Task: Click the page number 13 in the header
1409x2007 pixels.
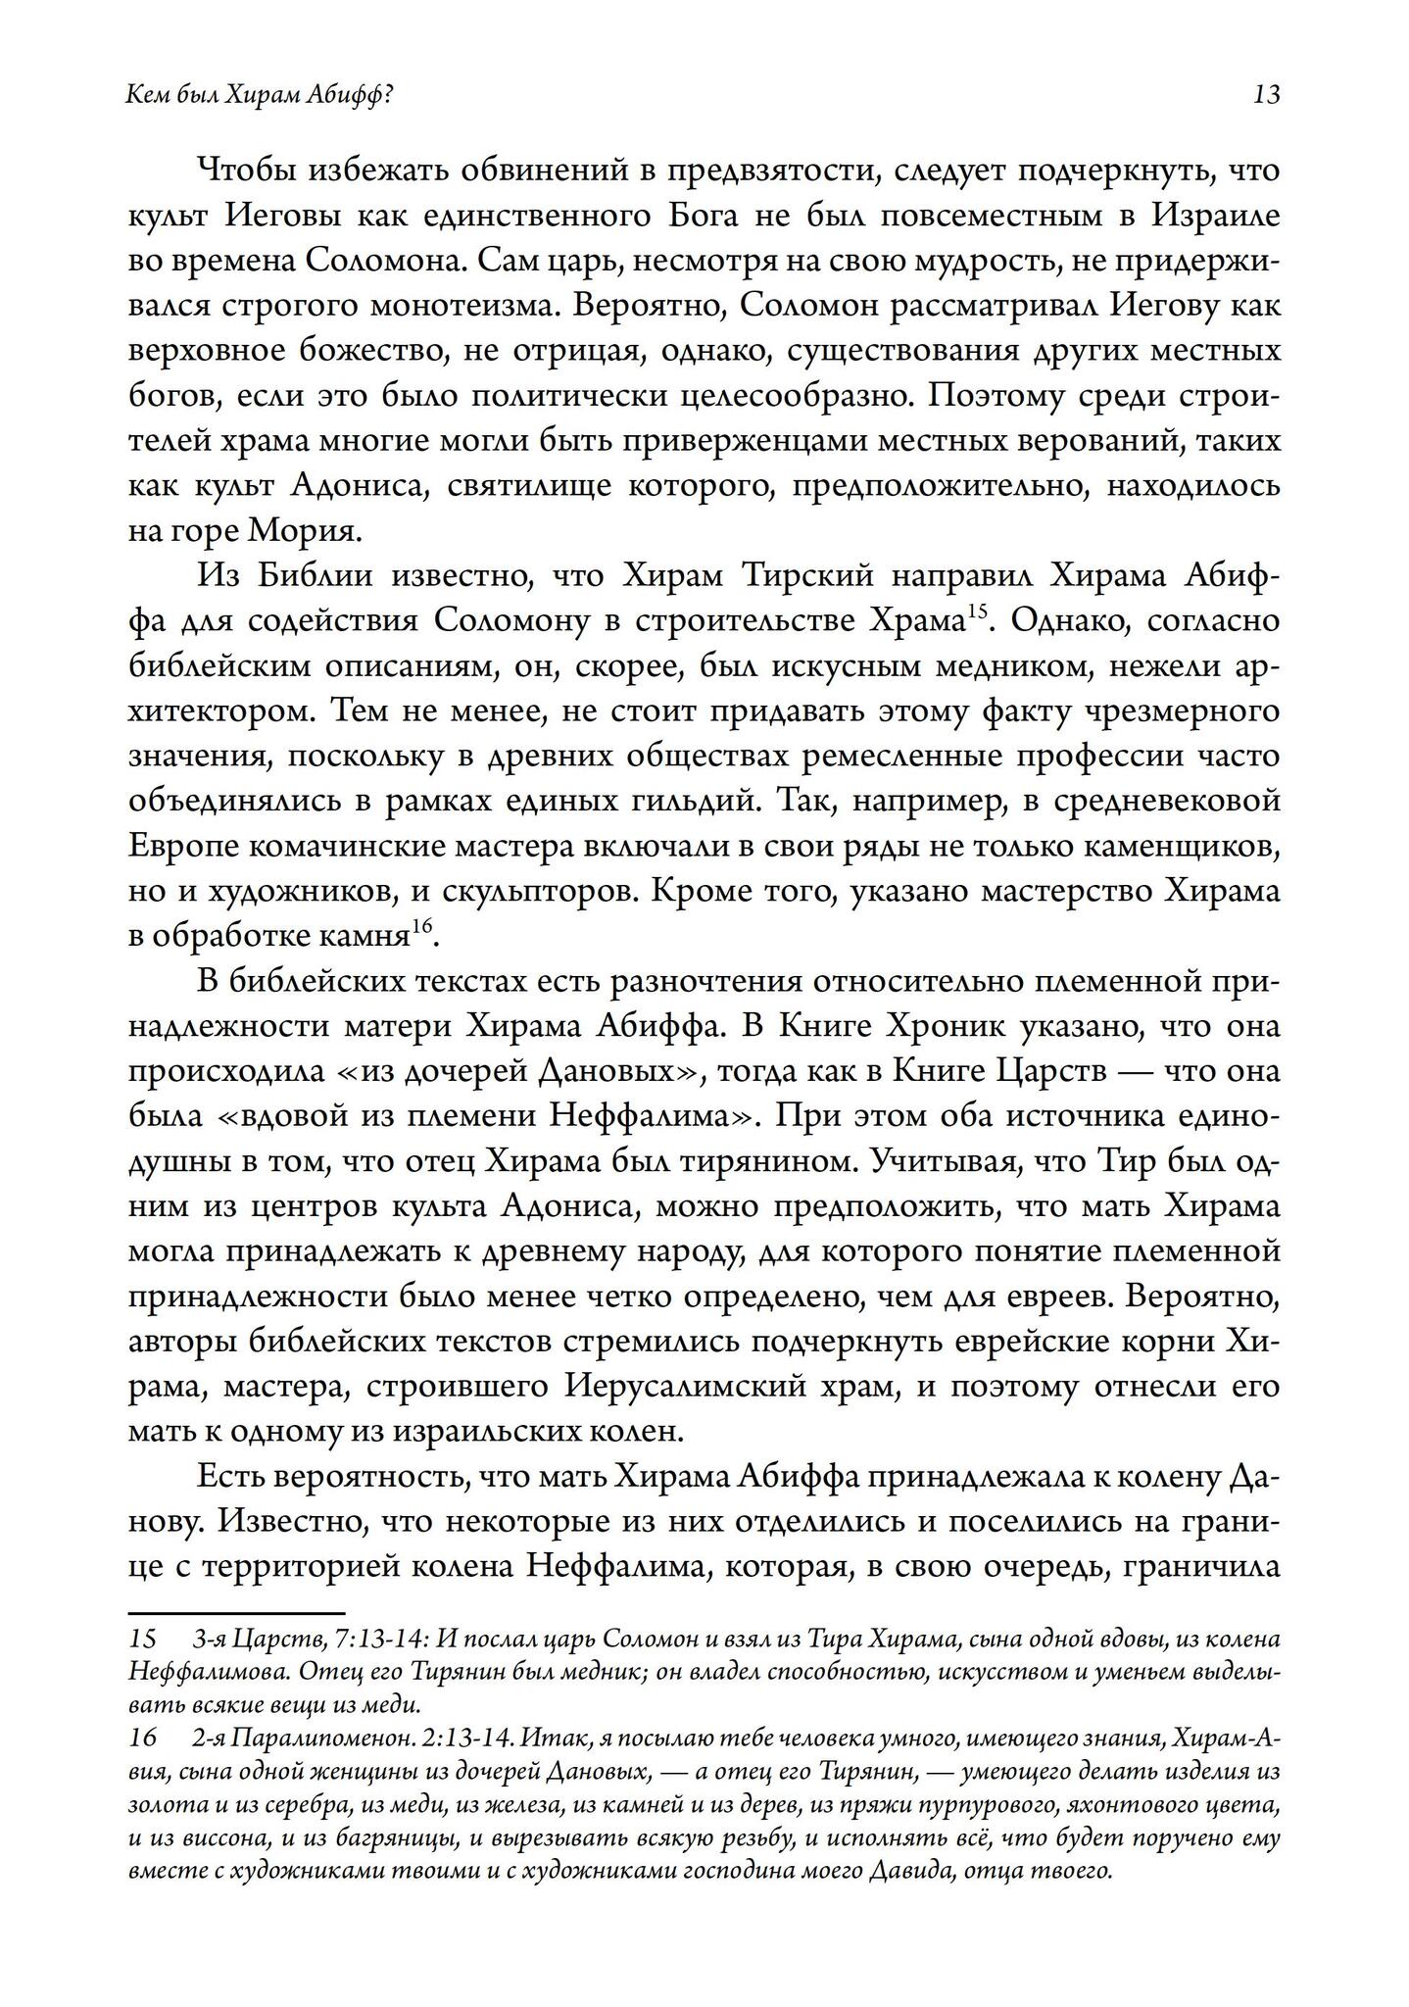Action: tap(1266, 96)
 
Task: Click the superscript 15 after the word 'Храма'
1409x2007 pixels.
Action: tap(976, 612)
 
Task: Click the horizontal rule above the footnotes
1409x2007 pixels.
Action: tap(236, 1613)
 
